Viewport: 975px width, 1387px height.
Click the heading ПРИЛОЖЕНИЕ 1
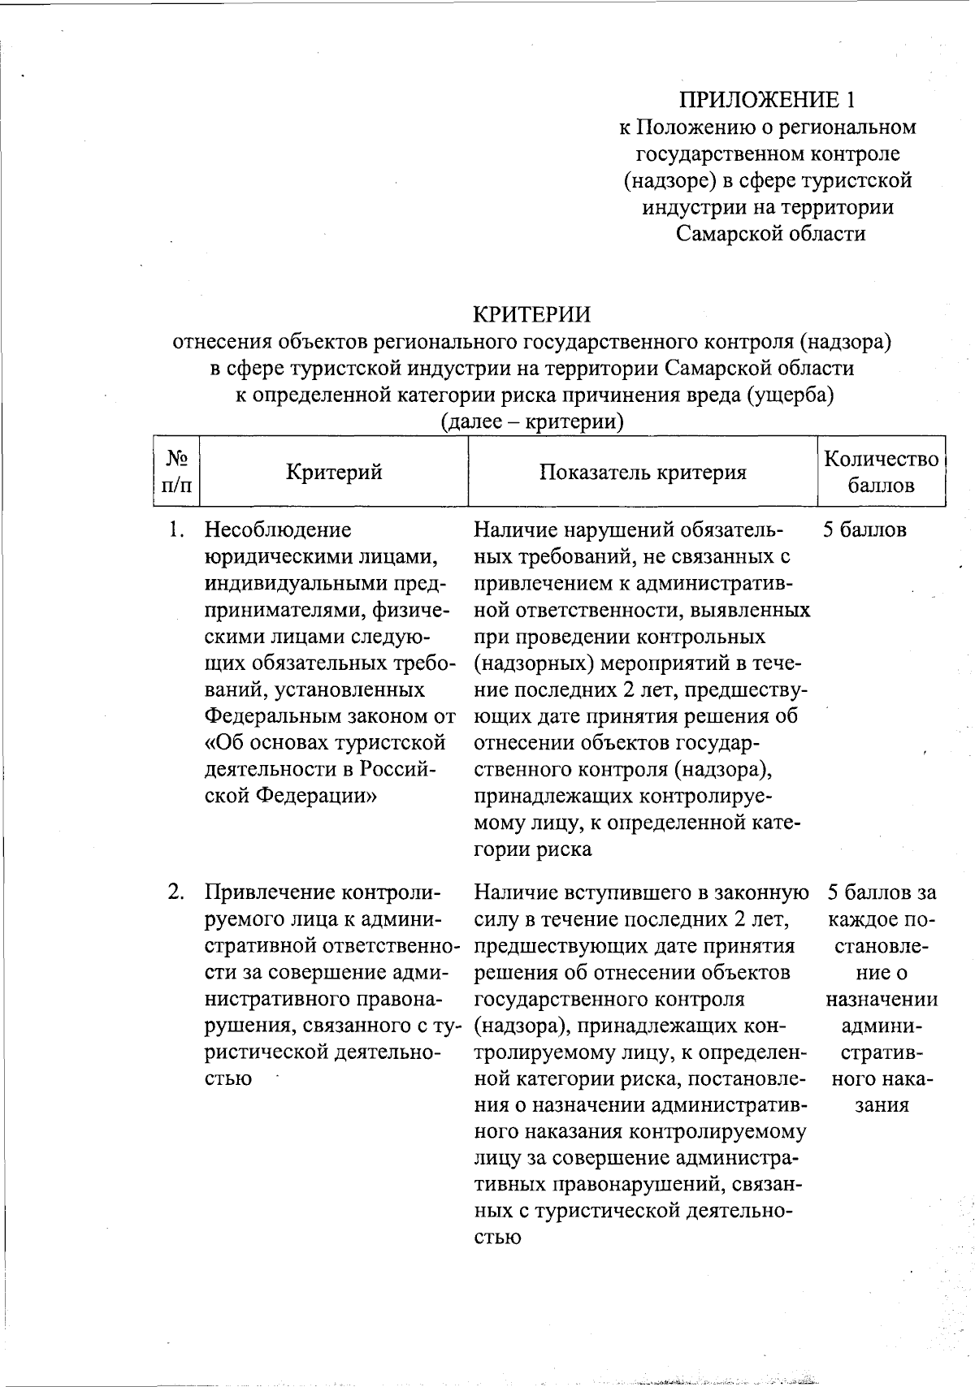click(x=768, y=100)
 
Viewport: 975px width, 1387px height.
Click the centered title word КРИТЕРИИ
click(x=532, y=313)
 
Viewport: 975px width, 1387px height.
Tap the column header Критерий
click(x=334, y=472)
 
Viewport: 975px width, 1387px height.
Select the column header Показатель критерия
click(x=643, y=473)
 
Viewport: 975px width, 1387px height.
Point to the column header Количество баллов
click(x=881, y=472)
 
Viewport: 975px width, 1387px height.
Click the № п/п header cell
click(x=177, y=472)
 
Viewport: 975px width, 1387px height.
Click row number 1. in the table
click(x=176, y=531)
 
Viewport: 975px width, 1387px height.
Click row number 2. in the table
click(x=176, y=892)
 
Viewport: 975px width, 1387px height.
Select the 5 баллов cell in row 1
click(x=864, y=531)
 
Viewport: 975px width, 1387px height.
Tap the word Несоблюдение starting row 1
click(x=278, y=531)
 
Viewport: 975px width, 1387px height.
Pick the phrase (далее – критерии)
click(x=532, y=421)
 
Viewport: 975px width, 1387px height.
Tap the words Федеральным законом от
click(x=330, y=716)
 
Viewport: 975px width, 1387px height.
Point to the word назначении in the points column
click(x=881, y=1000)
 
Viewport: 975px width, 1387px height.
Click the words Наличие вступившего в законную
click(x=641, y=892)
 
